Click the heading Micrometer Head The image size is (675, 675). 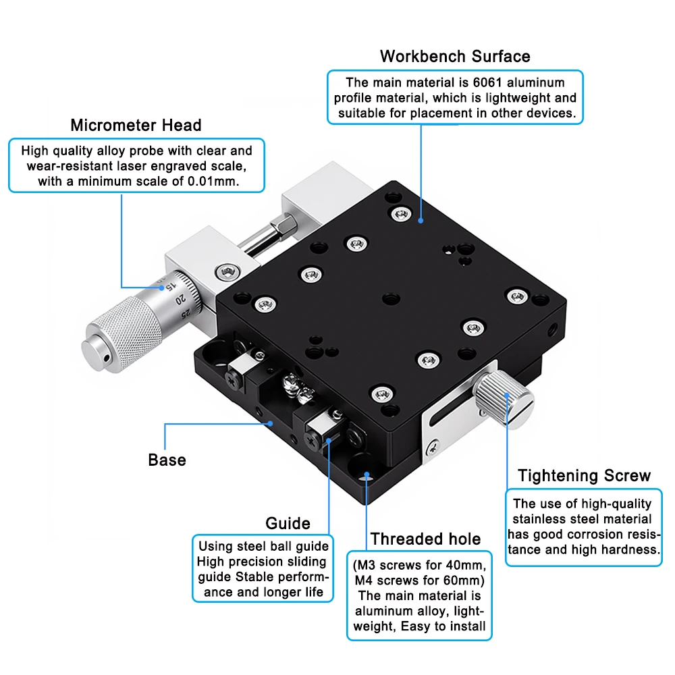136,125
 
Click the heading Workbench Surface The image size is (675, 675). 455,56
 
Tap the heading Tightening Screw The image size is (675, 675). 584,476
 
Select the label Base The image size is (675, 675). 167,460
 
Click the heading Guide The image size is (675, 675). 288,523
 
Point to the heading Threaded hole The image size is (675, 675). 425,539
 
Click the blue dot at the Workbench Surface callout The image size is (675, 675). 421,219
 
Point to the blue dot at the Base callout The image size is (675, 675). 271,424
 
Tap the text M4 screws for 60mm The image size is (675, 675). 418,580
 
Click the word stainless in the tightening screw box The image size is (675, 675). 539,519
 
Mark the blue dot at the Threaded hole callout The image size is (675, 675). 367,475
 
